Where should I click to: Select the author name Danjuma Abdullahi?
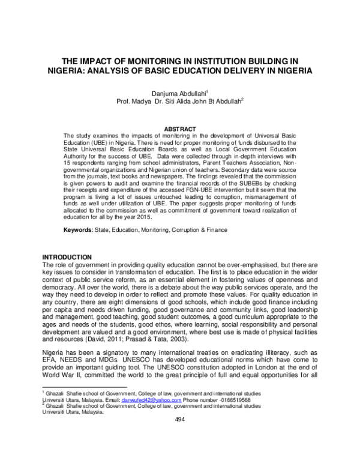click(x=177, y=93)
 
